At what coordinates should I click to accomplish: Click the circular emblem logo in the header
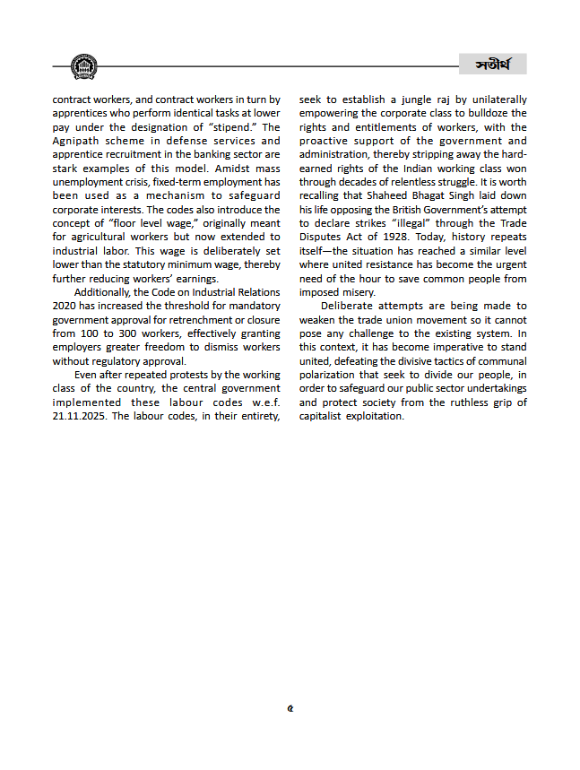pyautogui.click(x=83, y=66)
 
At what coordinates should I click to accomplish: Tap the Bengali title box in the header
pyautogui.click(x=492, y=64)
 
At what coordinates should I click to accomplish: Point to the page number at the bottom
pyautogui.click(x=290, y=708)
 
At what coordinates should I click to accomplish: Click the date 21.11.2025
pyautogui.click(x=81, y=417)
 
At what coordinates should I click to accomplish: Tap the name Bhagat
pyautogui.click(x=433, y=196)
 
